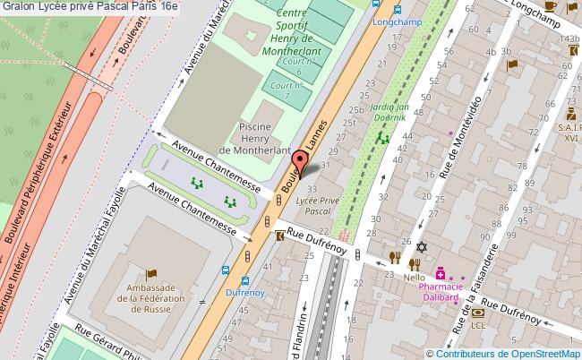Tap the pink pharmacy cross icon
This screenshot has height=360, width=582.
pyautogui.click(x=440, y=272)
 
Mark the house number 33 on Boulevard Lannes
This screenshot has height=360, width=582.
pyautogui.click(x=312, y=189)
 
